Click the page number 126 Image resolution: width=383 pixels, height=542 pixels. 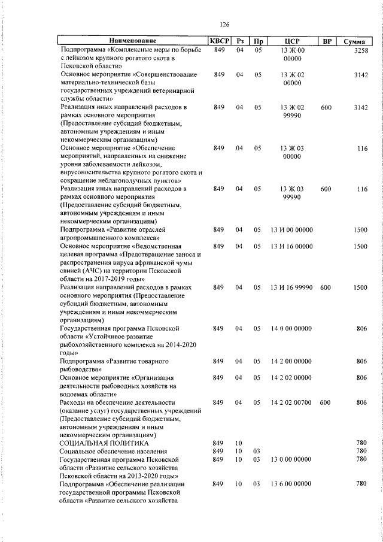(225, 25)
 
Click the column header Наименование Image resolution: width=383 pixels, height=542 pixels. (132, 41)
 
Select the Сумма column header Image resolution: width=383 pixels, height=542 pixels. (355, 41)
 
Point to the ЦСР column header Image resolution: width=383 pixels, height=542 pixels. (291, 41)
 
